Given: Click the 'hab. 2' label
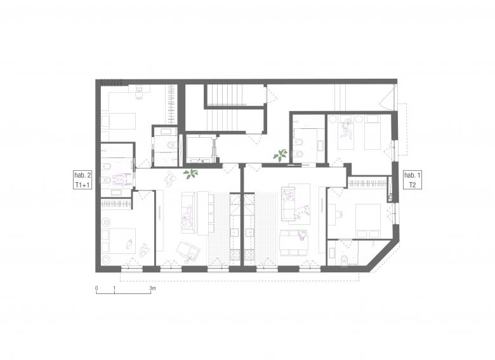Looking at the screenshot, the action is coord(82,175).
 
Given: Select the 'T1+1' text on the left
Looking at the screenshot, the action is coord(82,185).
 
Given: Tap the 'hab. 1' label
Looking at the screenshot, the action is coord(412,175).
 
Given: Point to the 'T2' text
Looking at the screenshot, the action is coord(412,185).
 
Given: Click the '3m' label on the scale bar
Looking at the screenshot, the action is coord(152,288).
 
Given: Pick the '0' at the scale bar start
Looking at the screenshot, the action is coord(96,288).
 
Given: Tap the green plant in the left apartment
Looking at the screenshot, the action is coord(191,174).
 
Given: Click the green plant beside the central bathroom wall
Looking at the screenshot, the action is coord(280,155).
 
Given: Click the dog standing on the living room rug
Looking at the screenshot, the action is coord(301,211).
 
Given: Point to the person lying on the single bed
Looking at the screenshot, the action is coord(346,130).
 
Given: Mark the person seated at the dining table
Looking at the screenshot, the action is coord(303,235).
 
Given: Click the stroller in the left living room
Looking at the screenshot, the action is coord(188,251).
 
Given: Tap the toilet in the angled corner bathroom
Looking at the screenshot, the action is coord(345,260).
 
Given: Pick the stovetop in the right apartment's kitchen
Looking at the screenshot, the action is coord(249,255).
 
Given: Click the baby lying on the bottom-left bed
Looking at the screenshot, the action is coord(129,243).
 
